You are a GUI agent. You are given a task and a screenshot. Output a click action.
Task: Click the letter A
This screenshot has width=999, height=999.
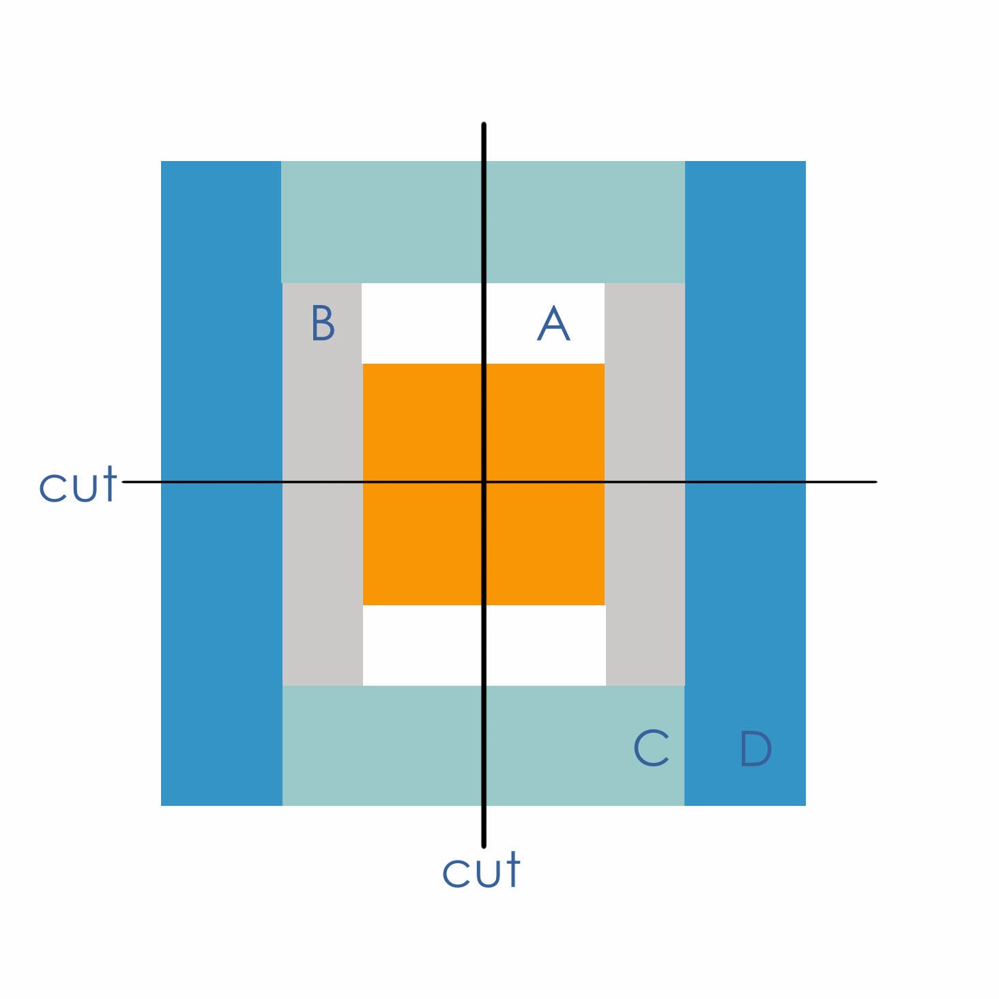pos(553,323)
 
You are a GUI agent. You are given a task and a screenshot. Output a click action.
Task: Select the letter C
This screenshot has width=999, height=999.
pos(651,748)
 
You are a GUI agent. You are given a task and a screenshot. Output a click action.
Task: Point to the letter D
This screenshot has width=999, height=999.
pos(755,749)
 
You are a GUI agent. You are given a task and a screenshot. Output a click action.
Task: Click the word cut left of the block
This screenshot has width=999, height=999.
pos(78,485)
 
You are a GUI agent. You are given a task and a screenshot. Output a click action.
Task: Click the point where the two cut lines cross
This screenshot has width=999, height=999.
pos(484,482)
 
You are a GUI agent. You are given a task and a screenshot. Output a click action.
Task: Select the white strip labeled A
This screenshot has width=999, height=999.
pos(423,323)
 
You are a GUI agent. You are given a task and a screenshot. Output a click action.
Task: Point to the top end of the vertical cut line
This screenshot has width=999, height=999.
pos(484,125)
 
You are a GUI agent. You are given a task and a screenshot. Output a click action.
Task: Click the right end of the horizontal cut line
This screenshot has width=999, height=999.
pos(875,482)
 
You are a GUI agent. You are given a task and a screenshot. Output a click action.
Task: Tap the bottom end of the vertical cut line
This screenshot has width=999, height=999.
pos(484,845)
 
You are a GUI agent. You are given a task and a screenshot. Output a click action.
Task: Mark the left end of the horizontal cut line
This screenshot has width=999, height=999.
pos(124,482)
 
